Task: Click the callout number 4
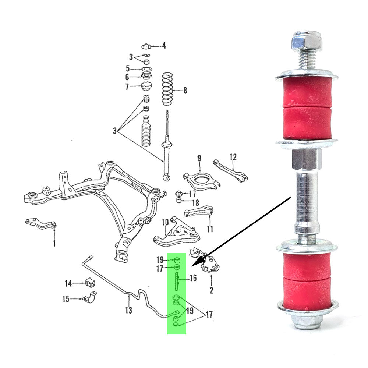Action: coord(164,46)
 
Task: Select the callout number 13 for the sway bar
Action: coord(128,310)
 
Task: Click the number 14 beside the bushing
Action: coord(68,283)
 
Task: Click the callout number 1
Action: coord(54,243)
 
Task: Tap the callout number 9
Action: coord(199,159)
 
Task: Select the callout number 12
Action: coord(233,157)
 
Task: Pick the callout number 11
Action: coord(210,229)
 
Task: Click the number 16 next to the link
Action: coord(193,278)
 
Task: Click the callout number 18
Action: coord(195,203)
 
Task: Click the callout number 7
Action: coord(127,87)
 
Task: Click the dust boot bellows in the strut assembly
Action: coord(146,132)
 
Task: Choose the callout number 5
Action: coord(128,68)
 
